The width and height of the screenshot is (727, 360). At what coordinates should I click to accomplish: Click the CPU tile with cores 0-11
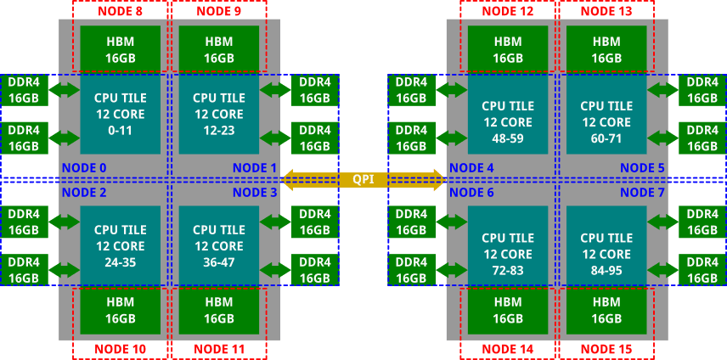(120, 114)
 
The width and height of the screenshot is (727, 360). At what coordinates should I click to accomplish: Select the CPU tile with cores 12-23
(218, 114)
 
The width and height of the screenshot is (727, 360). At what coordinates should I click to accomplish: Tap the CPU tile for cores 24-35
(120, 245)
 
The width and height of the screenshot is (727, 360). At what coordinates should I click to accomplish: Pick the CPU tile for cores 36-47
(218, 245)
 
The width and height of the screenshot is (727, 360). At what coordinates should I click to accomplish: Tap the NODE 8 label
(120, 11)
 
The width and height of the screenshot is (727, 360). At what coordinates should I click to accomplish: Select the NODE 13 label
(606, 11)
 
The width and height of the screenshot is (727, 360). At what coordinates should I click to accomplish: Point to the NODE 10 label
(120, 349)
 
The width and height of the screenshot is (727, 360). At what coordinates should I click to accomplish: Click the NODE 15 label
(606, 349)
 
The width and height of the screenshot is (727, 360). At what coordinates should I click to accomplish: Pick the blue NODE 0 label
(84, 167)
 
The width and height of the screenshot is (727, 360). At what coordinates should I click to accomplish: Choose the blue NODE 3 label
(255, 193)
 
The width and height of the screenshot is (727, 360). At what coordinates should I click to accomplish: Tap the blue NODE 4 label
(471, 167)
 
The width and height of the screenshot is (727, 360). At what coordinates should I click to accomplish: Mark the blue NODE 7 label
(642, 193)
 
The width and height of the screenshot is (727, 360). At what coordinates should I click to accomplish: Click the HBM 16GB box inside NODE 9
(218, 49)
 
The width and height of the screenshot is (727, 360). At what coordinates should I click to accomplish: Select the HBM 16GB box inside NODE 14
(508, 311)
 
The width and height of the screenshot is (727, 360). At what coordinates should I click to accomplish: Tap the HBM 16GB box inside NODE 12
(508, 49)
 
